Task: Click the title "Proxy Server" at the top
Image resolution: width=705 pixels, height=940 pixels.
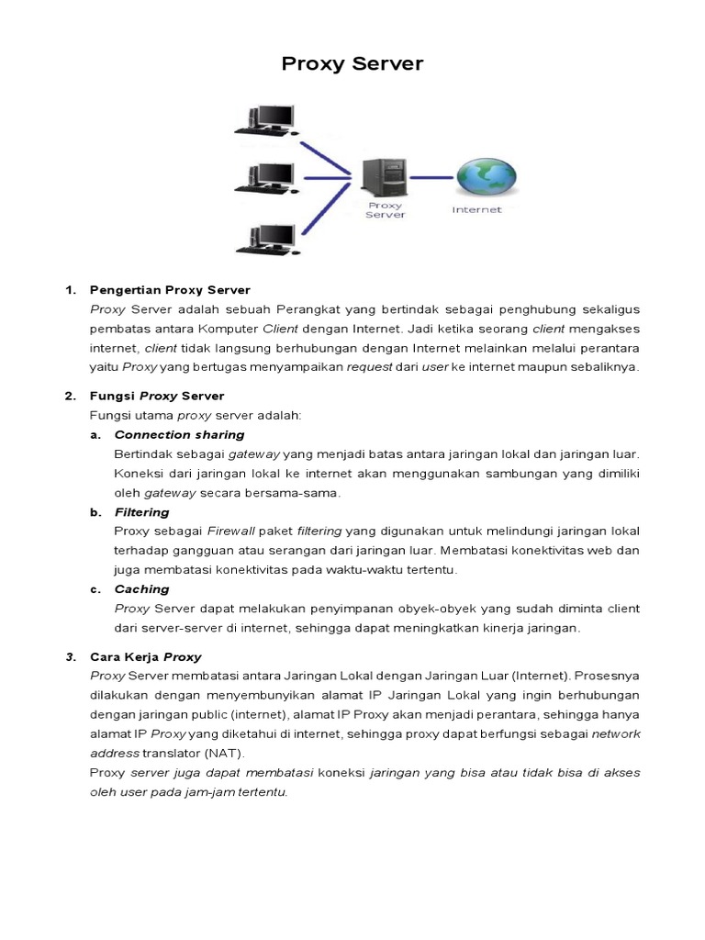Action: click(x=352, y=63)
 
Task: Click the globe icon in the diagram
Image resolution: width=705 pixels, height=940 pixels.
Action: click(x=487, y=177)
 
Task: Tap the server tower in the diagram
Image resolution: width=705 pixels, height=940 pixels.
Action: click(x=384, y=177)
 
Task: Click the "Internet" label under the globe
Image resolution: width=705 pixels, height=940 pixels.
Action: click(x=477, y=210)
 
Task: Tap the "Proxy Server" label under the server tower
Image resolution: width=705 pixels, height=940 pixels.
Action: click(x=385, y=211)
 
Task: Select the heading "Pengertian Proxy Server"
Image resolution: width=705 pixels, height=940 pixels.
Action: click(x=170, y=290)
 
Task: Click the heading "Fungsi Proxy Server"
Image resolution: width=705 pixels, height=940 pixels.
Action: click(x=157, y=396)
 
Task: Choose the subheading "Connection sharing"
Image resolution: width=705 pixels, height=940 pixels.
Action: click(x=179, y=434)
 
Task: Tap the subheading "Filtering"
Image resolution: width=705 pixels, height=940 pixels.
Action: click(x=141, y=512)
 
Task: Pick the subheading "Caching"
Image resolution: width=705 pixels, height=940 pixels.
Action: click(x=141, y=589)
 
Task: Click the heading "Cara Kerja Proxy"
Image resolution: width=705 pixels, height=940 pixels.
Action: click(x=145, y=657)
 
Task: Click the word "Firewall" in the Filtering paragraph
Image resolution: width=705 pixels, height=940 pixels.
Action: click(x=230, y=532)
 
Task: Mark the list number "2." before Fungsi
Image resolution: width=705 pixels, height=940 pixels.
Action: click(x=70, y=396)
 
